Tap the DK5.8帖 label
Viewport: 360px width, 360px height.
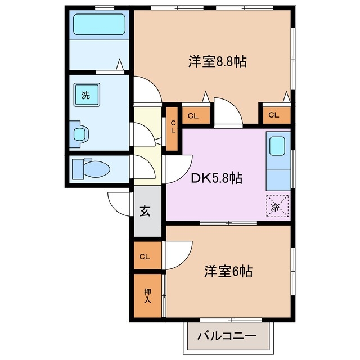point(216,179)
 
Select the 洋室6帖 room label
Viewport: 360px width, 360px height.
point(228,272)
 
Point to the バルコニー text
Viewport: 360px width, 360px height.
point(227,337)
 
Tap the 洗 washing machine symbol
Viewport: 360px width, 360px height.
point(85,95)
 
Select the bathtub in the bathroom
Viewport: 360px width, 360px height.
point(100,25)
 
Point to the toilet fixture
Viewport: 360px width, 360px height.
point(93,168)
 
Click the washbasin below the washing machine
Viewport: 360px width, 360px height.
point(82,133)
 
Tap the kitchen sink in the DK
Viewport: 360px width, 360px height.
point(277,146)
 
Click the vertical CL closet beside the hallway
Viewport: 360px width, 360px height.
point(173,127)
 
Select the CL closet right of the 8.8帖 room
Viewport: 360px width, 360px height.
point(274,116)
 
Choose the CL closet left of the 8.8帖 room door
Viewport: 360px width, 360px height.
point(193,116)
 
